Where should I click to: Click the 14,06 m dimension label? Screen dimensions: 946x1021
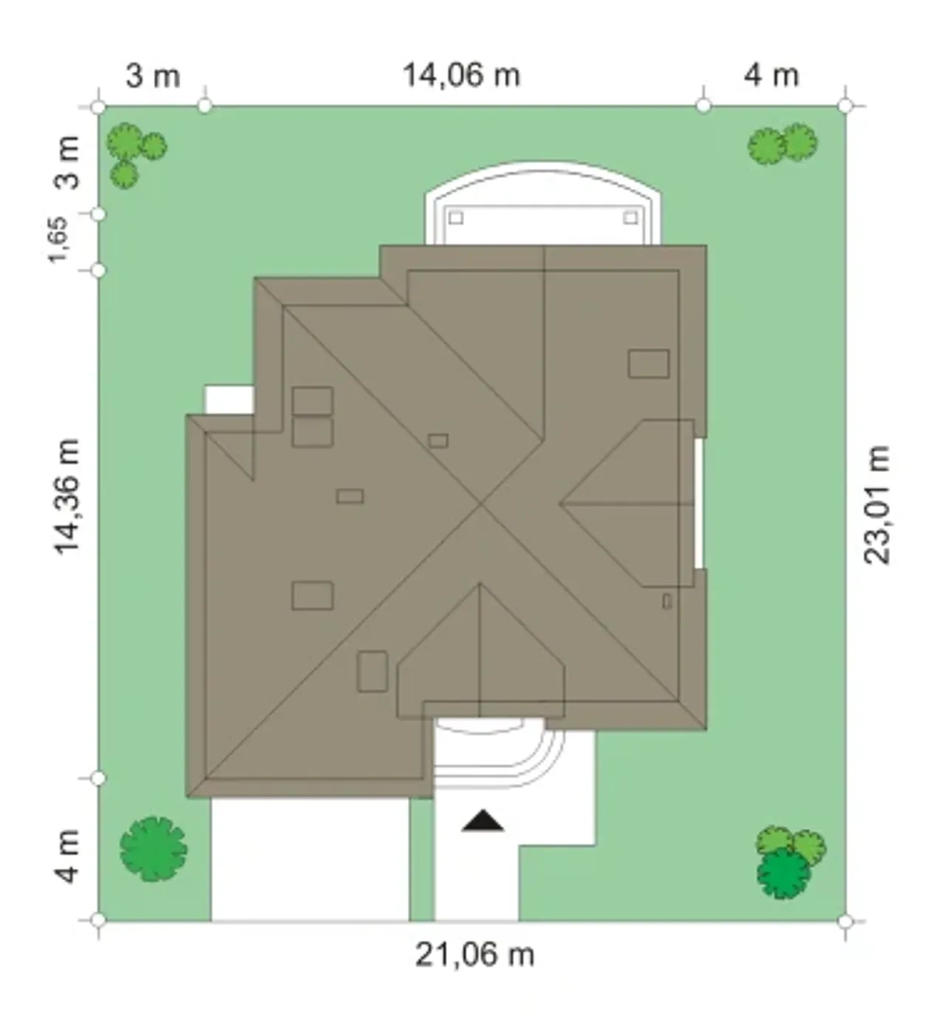click(461, 75)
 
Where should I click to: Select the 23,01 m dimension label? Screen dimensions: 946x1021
click(876, 505)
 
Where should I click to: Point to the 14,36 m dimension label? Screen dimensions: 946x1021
click(67, 497)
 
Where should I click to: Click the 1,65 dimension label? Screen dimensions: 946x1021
click(58, 240)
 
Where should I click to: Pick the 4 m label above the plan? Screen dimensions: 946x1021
click(771, 76)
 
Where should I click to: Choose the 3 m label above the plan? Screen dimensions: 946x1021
click(153, 76)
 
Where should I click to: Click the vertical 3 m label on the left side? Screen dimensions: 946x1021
click(67, 163)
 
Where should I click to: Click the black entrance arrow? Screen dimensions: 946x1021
click(483, 821)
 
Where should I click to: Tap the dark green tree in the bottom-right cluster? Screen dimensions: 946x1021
click(783, 873)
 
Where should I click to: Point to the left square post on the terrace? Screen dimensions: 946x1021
click(455, 218)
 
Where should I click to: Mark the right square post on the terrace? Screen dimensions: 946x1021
click(631, 218)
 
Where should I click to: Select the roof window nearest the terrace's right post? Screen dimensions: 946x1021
click(649, 364)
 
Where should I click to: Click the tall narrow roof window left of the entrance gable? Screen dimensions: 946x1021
click(372, 671)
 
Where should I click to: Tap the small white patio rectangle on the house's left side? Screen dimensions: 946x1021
click(229, 399)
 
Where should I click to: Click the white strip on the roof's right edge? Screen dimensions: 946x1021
click(698, 503)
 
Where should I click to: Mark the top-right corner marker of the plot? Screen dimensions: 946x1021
click(845, 106)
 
